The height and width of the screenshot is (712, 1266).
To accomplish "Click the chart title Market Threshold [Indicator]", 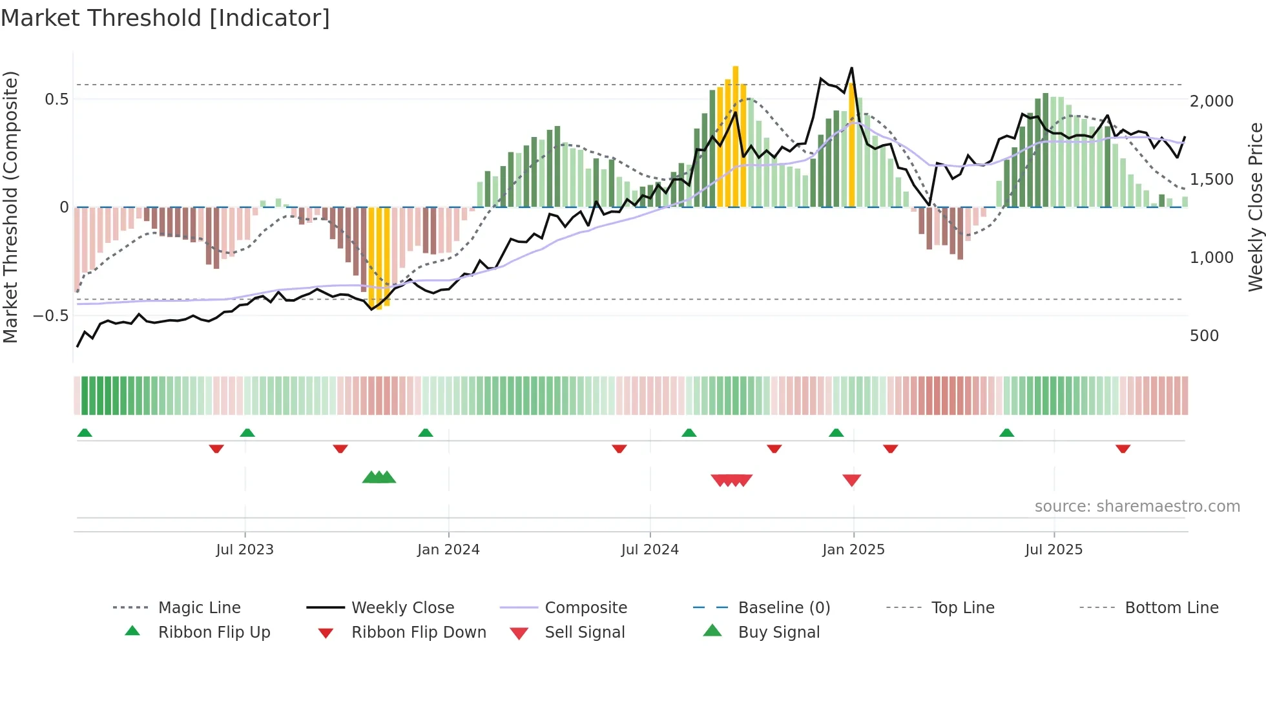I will pyautogui.click(x=165, y=18).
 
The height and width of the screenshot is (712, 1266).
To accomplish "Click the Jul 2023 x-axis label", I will pyautogui.click(x=245, y=550).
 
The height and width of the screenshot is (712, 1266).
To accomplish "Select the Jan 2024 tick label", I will pyautogui.click(x=448, y=550).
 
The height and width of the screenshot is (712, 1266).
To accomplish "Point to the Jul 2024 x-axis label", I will pyautogui.click(x=650, y=550).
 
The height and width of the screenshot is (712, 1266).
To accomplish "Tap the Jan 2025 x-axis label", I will pyautogui.click(x=853, y=550).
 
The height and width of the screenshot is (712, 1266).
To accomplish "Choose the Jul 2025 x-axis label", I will pyautogui.click(x=1053, y=550).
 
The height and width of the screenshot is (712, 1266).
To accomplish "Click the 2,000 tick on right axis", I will pyautogui.click(x=1211, y=101).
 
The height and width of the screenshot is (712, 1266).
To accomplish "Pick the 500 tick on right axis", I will pyautogui.click(x=1204, y=336).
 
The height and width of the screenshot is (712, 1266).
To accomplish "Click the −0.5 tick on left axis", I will pyautogui.click(x=51, y=316).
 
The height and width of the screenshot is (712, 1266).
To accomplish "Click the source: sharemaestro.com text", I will pyautogui.click(x=1137, y=507).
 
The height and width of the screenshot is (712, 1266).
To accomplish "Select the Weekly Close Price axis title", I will pyautogui.click(x=1255, y=207).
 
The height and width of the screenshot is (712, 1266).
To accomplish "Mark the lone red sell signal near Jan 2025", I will pyautogui.click(x=851, y=479).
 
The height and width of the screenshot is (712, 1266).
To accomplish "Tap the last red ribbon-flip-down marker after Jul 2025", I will pyautogui.click(x=1123, y=448).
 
